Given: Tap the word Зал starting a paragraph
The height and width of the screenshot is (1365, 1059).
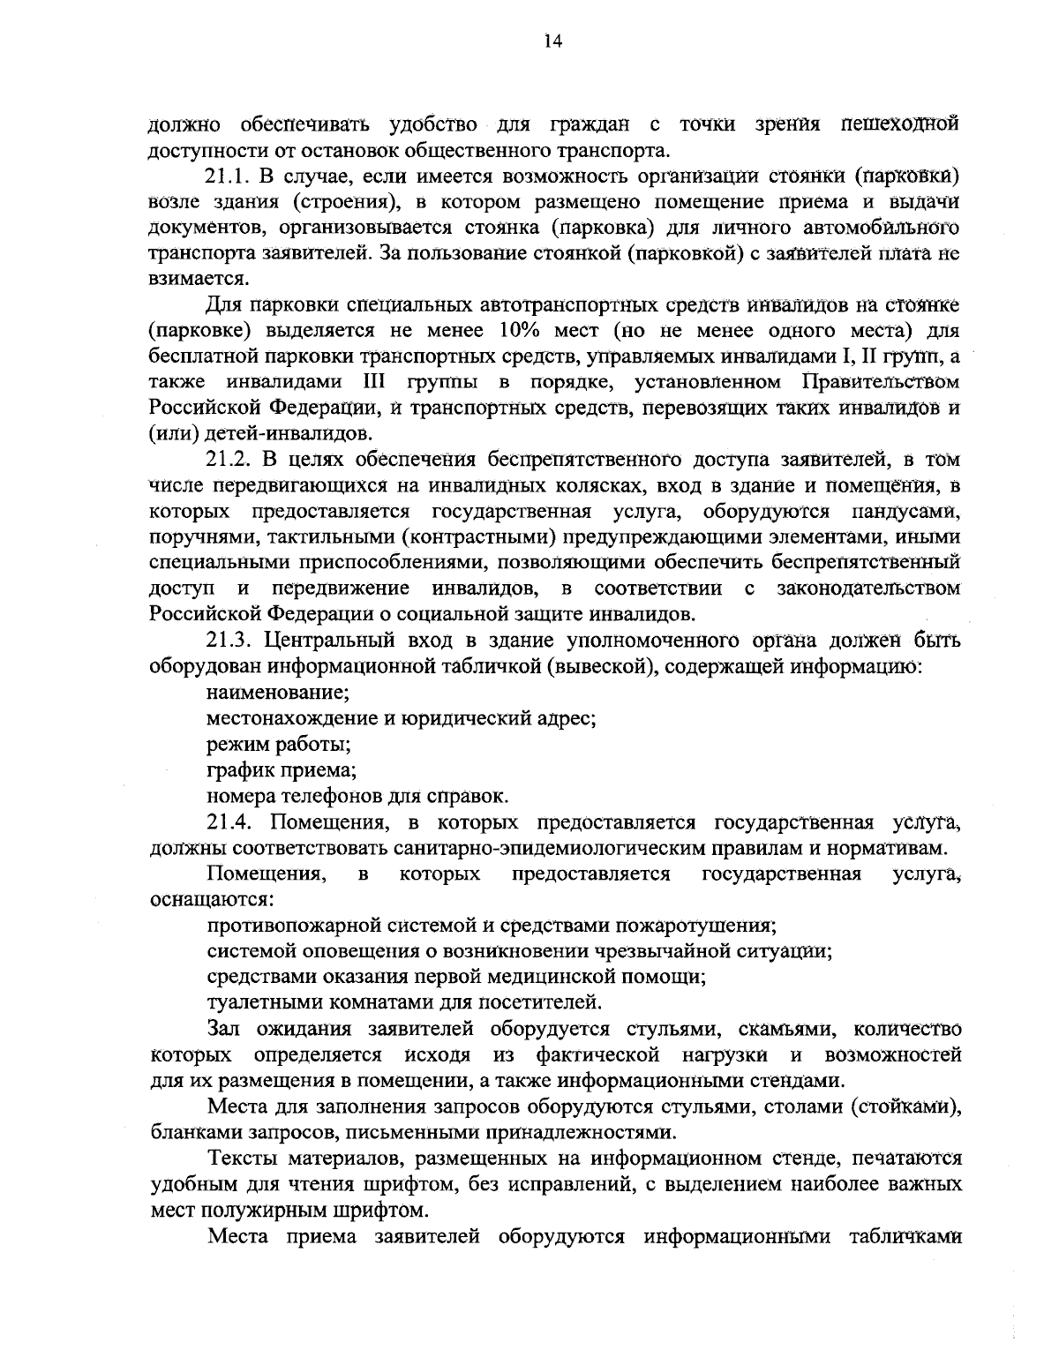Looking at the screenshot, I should [x=224, y=1028].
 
